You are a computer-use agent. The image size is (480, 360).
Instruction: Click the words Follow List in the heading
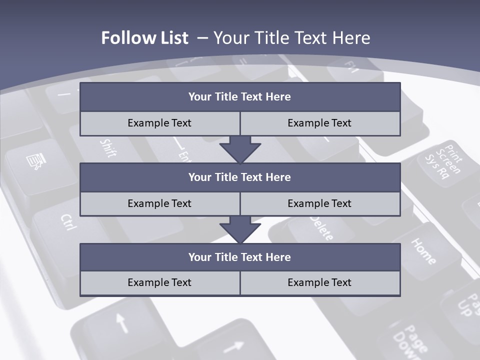pos(144,38)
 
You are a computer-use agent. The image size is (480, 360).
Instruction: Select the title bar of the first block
pos(240,97)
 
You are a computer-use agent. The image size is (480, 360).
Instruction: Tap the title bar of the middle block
pos(240,177)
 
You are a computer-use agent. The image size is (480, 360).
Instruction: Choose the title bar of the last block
pos(240,257)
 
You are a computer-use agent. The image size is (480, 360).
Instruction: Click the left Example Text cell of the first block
pos(160,123)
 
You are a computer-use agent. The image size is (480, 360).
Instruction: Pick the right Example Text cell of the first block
pos(320,123)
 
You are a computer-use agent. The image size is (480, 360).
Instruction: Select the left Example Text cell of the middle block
pos(160,203)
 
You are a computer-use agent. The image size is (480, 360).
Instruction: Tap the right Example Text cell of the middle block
pos(320,203)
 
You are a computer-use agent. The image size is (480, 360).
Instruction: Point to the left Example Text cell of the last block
pos(160,282)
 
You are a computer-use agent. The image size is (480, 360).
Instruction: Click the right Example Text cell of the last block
pos(320,282)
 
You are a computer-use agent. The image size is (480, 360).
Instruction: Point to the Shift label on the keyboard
pos(108,148)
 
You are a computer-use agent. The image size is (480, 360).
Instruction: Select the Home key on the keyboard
pos(423,250)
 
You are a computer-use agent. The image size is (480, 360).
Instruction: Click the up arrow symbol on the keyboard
pos(121,322)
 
